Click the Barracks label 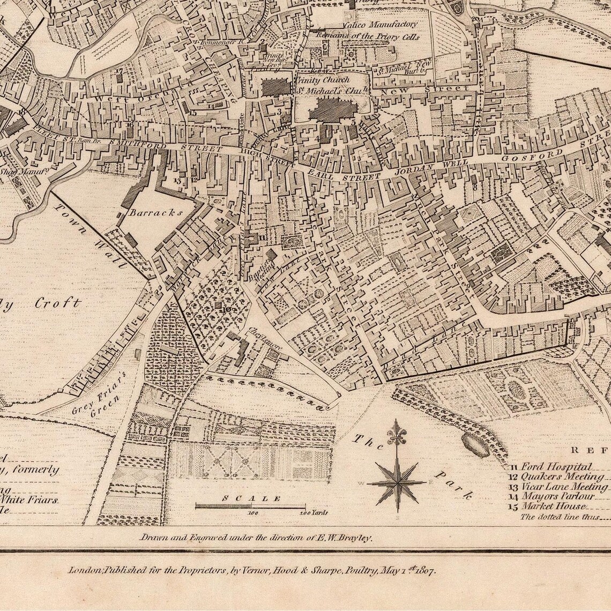coord(155,212)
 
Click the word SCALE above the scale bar coord(251,498)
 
